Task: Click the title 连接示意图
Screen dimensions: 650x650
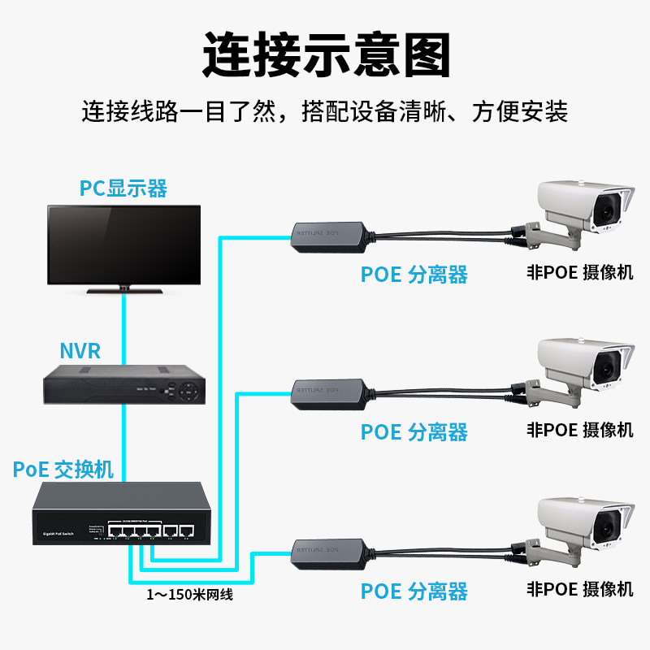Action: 325,54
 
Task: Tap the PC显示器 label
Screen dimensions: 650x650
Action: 123,188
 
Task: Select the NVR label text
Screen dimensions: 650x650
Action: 80,351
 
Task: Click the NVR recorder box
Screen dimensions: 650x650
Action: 123,384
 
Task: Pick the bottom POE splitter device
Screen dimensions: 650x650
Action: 329,552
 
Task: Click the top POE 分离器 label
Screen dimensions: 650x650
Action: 414,275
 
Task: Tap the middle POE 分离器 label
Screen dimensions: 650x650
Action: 414,431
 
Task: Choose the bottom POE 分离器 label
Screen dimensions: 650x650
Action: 414,591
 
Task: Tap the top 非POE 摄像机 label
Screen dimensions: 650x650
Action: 580,272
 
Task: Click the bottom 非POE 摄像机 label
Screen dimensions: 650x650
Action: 580,589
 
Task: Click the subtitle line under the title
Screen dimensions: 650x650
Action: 325,110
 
